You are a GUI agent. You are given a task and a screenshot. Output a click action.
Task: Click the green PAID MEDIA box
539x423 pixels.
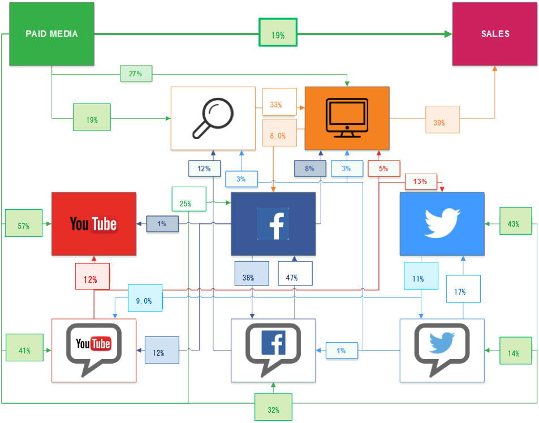pyautogui.click(x=51, y=33)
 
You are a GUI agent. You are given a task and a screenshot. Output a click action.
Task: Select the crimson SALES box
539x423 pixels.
pyautogui.click(x=495, y=33)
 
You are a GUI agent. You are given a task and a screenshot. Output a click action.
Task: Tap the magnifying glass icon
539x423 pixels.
pyautogui.click(x=213, y=118)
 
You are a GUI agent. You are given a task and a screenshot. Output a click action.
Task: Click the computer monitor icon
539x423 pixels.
pyautogui.click(x=347, y=118)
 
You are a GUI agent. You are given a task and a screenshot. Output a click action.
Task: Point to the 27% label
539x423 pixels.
pyautogui.click(x=136, y=74)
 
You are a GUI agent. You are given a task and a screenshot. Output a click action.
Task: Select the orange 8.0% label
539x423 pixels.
pyautogui.click(x=279, y=136)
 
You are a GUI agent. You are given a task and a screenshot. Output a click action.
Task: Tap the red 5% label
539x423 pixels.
pyautogui.click(x=383, y=168)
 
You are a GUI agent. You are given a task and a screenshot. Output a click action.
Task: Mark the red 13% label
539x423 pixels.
pyautogui.click(x=420, y=182)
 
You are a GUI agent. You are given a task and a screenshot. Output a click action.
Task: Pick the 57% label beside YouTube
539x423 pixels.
pyautogui.click(x=23, y=226)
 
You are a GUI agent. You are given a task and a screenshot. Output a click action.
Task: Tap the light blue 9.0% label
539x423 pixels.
pyautogui.click(x=145, y=300)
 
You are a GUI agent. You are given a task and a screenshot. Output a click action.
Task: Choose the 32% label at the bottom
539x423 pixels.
pyautogui.click(x=273, y=409)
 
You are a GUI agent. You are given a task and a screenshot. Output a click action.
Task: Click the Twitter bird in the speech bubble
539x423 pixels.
pyautogui.click(x=442, y=343)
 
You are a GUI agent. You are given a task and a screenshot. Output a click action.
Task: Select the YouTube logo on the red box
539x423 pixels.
pyautogui.click(x=93, y=224)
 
